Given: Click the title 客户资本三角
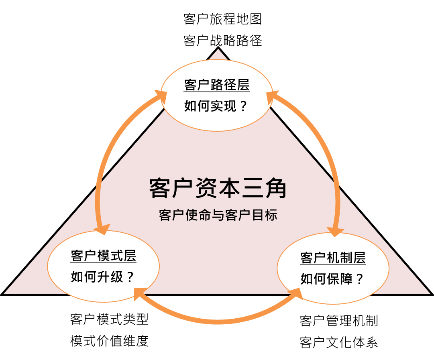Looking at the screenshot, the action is coord(218,188).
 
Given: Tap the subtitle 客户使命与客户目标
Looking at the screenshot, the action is coord(218,215).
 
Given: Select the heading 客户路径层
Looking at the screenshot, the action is coord(217,85).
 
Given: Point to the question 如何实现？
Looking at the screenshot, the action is coord(215,106).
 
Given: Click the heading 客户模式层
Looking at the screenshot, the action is coord(104,256).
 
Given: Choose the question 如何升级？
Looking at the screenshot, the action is coord(102,277).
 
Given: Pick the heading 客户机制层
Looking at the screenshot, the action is coord(333,258).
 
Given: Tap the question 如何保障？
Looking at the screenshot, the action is coord(332,279).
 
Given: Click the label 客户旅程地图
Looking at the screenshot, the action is coord(222,19).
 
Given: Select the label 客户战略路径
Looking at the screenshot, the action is coord(222,41).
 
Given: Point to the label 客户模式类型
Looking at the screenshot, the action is coord(109,319).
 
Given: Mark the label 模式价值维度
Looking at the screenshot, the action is coord(109,341).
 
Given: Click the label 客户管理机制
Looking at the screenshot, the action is coord(339,321).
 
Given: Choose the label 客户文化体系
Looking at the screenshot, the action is coord(339,343).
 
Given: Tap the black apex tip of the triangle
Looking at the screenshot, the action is coord(218,47).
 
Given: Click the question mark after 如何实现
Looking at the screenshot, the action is coord(243,106).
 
